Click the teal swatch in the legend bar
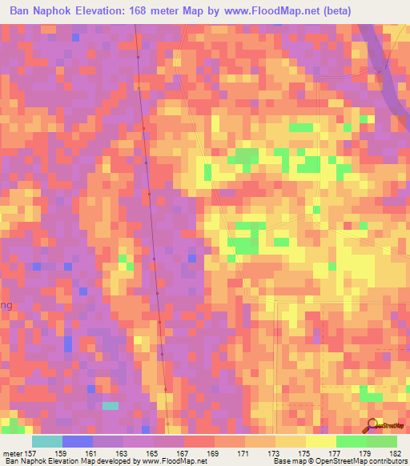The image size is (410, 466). [47, 441]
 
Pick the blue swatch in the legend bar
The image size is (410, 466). [78, 441]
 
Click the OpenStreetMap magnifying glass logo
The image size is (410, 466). [371, 424]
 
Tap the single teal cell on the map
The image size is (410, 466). [110, 405]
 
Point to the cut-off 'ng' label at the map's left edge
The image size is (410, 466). [5, 304]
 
